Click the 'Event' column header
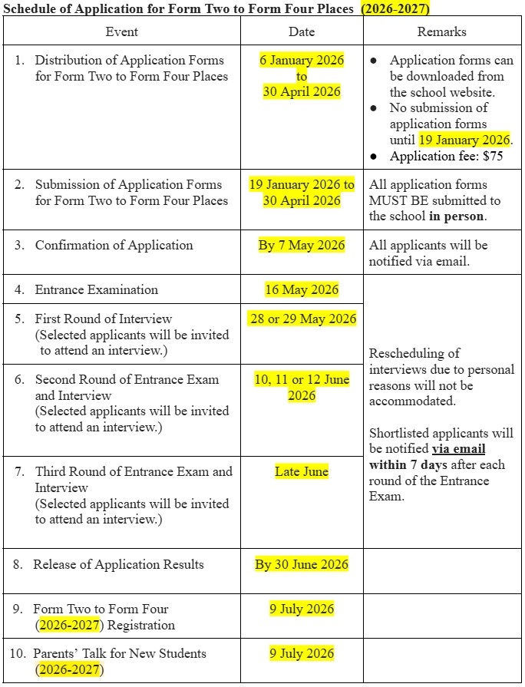click(122, 31)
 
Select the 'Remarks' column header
click(441, 31)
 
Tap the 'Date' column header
click(302, 31)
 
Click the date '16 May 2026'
click(302, 289)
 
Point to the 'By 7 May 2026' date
click(302, 245)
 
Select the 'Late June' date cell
click(302, 471)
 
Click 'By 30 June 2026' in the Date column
click(302, 564)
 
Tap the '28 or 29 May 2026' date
click(302, 319)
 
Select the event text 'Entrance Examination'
click(97, 289)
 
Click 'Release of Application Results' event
click(118, 564)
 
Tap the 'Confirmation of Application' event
click(114, 245)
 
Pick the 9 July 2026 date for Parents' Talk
click(302, 653)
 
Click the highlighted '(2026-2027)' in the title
click(395, 8)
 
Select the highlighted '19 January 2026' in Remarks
click(464, 140)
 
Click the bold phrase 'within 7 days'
click(408, 465)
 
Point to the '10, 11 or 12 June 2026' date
click(302, 387)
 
